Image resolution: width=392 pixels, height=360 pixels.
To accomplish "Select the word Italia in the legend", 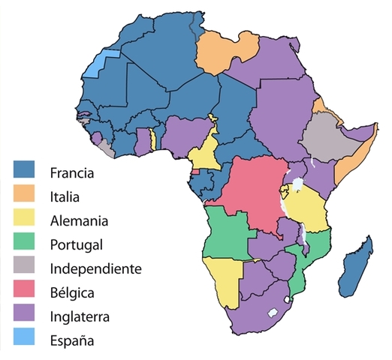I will [x=65, y=197].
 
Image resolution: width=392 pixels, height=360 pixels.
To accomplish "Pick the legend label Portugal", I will [x=76, y=244].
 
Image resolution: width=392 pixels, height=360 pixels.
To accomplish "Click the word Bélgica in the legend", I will [x=71, y=292].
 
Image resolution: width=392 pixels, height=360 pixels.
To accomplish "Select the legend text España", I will [x=72, y=340].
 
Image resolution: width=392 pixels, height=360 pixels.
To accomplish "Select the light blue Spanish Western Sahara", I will [x=95, y=64].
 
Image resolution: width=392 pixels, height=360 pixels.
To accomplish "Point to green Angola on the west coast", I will [x=225, y=232].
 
